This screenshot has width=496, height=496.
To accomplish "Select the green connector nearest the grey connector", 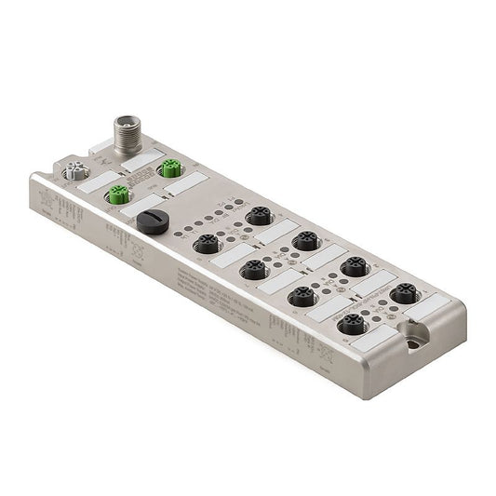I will pyautogui.click(x=118, y=194).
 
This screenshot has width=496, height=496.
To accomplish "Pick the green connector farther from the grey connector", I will pyautogui.click(x=168, y=168).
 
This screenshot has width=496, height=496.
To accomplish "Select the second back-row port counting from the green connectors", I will pyautogui.click(x=305, y=241).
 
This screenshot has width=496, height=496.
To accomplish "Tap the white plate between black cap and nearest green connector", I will pyautogui.click(x=140, y=207).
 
